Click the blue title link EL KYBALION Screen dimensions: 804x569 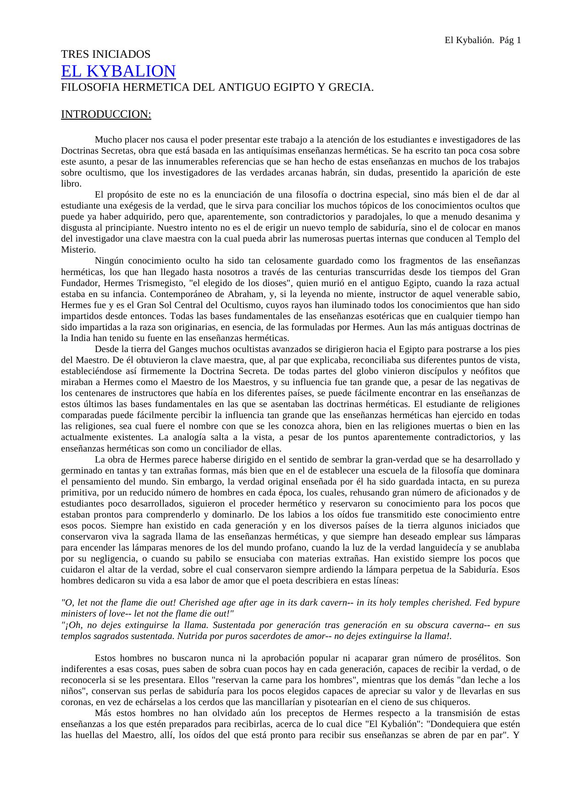[x=118, y=71]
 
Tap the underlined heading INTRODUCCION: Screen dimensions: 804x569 [x=106, y=114]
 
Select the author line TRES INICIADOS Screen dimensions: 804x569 [x=105, y=54]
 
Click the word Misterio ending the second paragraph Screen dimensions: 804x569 [x=77, y=250]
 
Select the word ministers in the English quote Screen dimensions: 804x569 [x=77, y=614]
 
